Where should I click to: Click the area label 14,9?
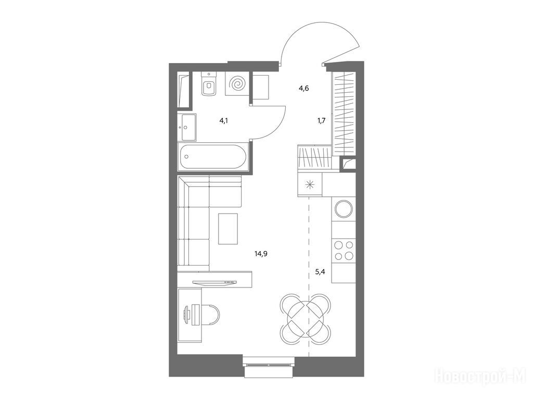[261, 254]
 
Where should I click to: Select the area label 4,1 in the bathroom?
[223, 120]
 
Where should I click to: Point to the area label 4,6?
[304, 89]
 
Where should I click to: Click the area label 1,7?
[321, 120]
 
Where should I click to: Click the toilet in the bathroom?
[209, 84]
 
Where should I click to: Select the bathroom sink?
[188, 128]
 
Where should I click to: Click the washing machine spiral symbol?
[237, 84]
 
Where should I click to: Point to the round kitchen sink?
[344, 209]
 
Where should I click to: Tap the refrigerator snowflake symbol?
[309, 185]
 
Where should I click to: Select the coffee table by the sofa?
[228, 229]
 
